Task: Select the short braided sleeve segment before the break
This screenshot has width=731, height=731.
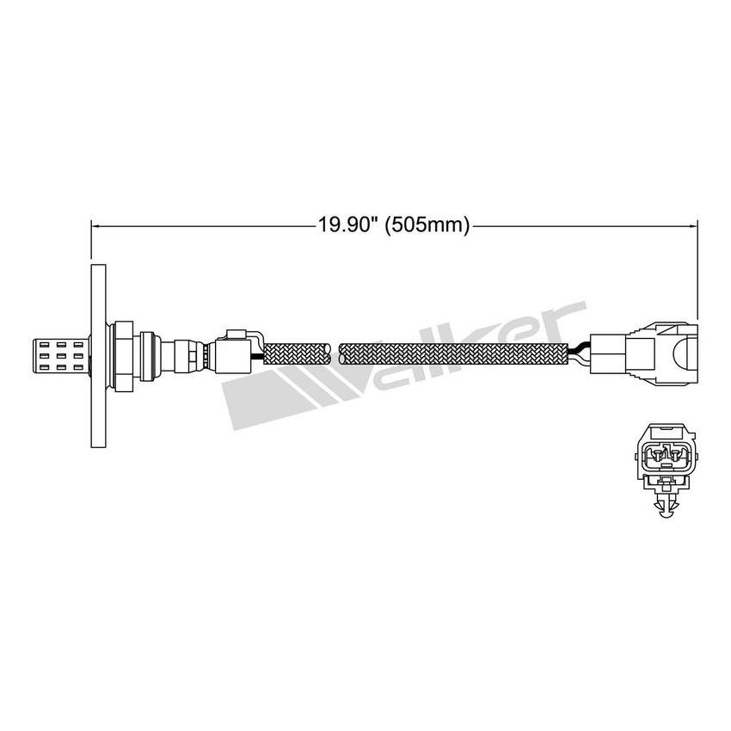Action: (296, 353)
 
